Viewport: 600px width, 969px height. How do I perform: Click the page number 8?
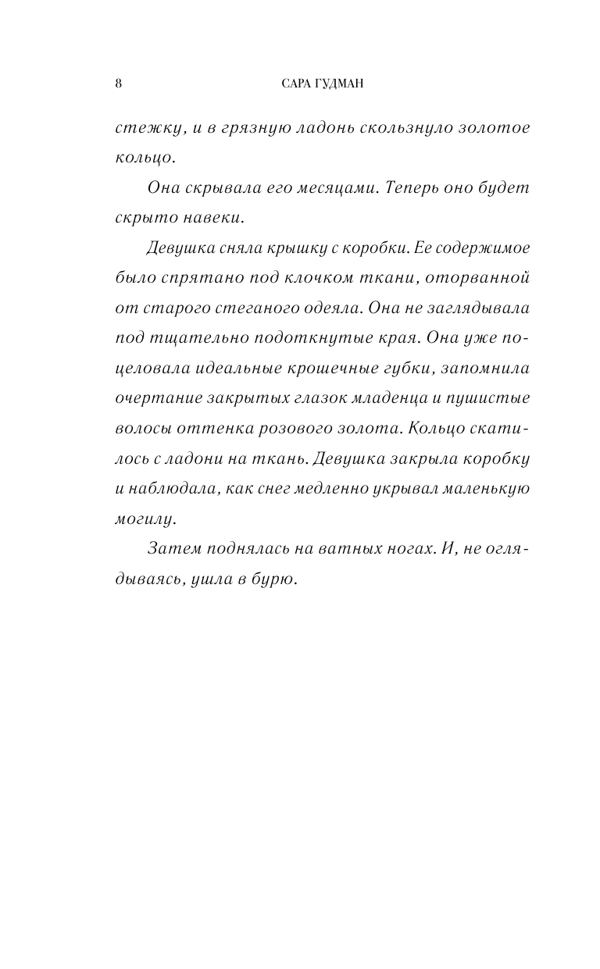pos(117,84)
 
